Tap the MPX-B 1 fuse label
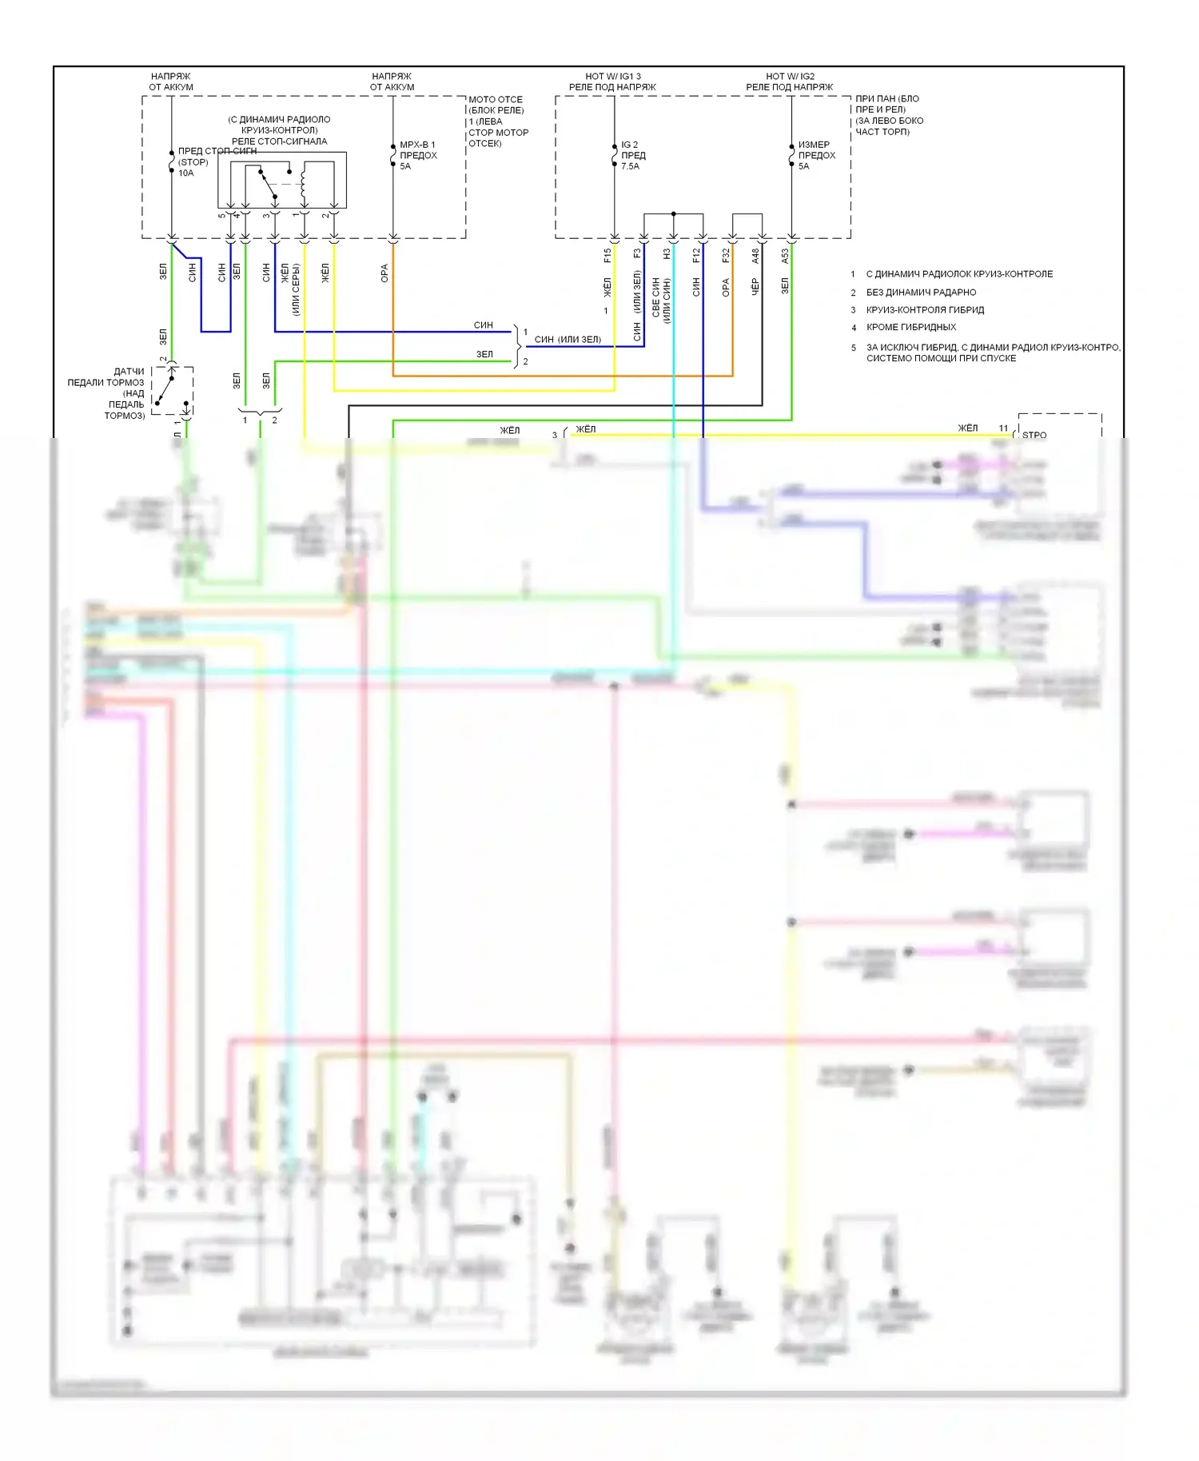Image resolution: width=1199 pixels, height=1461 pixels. pyautogui.click(x=418, y=156)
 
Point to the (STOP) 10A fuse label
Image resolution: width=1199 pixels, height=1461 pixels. pyautogui.click(x=192, y=167)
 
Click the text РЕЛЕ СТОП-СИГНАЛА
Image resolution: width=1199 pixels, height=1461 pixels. pyautogui.click(x=279, y=141)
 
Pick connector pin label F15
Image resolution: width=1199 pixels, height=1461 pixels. pyautogui.click(x=607, y=256)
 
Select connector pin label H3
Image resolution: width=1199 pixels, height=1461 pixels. pyautogui.click(x=667, y=254)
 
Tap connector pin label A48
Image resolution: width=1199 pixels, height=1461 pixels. pyautogui.click(x=755, y=256)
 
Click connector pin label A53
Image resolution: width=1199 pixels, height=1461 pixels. pyautogui.click(x=785, y=256)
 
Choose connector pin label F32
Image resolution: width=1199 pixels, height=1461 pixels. pyautogui.click(x=726, y=256)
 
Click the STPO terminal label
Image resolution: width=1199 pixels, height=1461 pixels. pyautogui.click(x=1034, y=436)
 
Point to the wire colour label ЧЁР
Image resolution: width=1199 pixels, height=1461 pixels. pyautogui.click(x=755, y=287)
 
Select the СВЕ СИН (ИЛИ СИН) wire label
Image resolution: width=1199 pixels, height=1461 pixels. pyautogui.click(x=661, y=300)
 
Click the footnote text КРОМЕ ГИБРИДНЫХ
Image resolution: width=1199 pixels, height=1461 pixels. pyautogui.click(x=910, y=327)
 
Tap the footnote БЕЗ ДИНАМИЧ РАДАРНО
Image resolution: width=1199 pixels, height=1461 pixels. pyautogui.click(x=921, y=293)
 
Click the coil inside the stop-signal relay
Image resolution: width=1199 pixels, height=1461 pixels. pyautogui.click(x=303, y=182)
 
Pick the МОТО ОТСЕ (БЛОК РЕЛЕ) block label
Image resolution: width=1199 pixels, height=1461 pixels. pyautogui.click(x=496, y=105)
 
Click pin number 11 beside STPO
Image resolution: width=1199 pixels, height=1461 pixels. pyautogui.click(x=1003, y=428)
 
